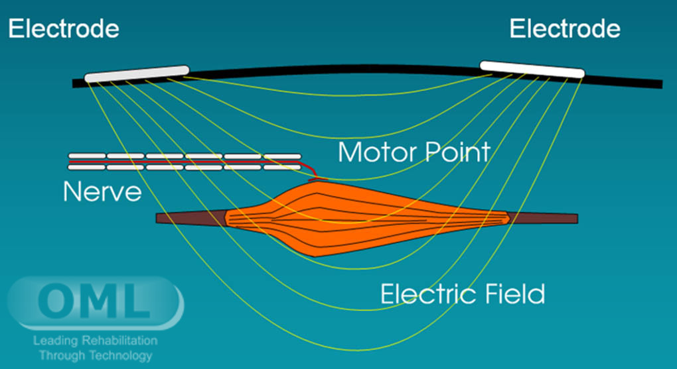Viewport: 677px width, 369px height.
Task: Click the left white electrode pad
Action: [x=137, y=74]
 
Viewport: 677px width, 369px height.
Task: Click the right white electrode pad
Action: [x=532, y=69]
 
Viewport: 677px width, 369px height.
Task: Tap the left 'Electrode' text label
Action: [x=64, y=29]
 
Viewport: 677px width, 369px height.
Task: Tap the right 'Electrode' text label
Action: [x=565, y=29]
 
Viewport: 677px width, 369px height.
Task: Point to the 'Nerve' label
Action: [x=102, y=192]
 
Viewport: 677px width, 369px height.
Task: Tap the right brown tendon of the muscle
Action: [x=544, y=218]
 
